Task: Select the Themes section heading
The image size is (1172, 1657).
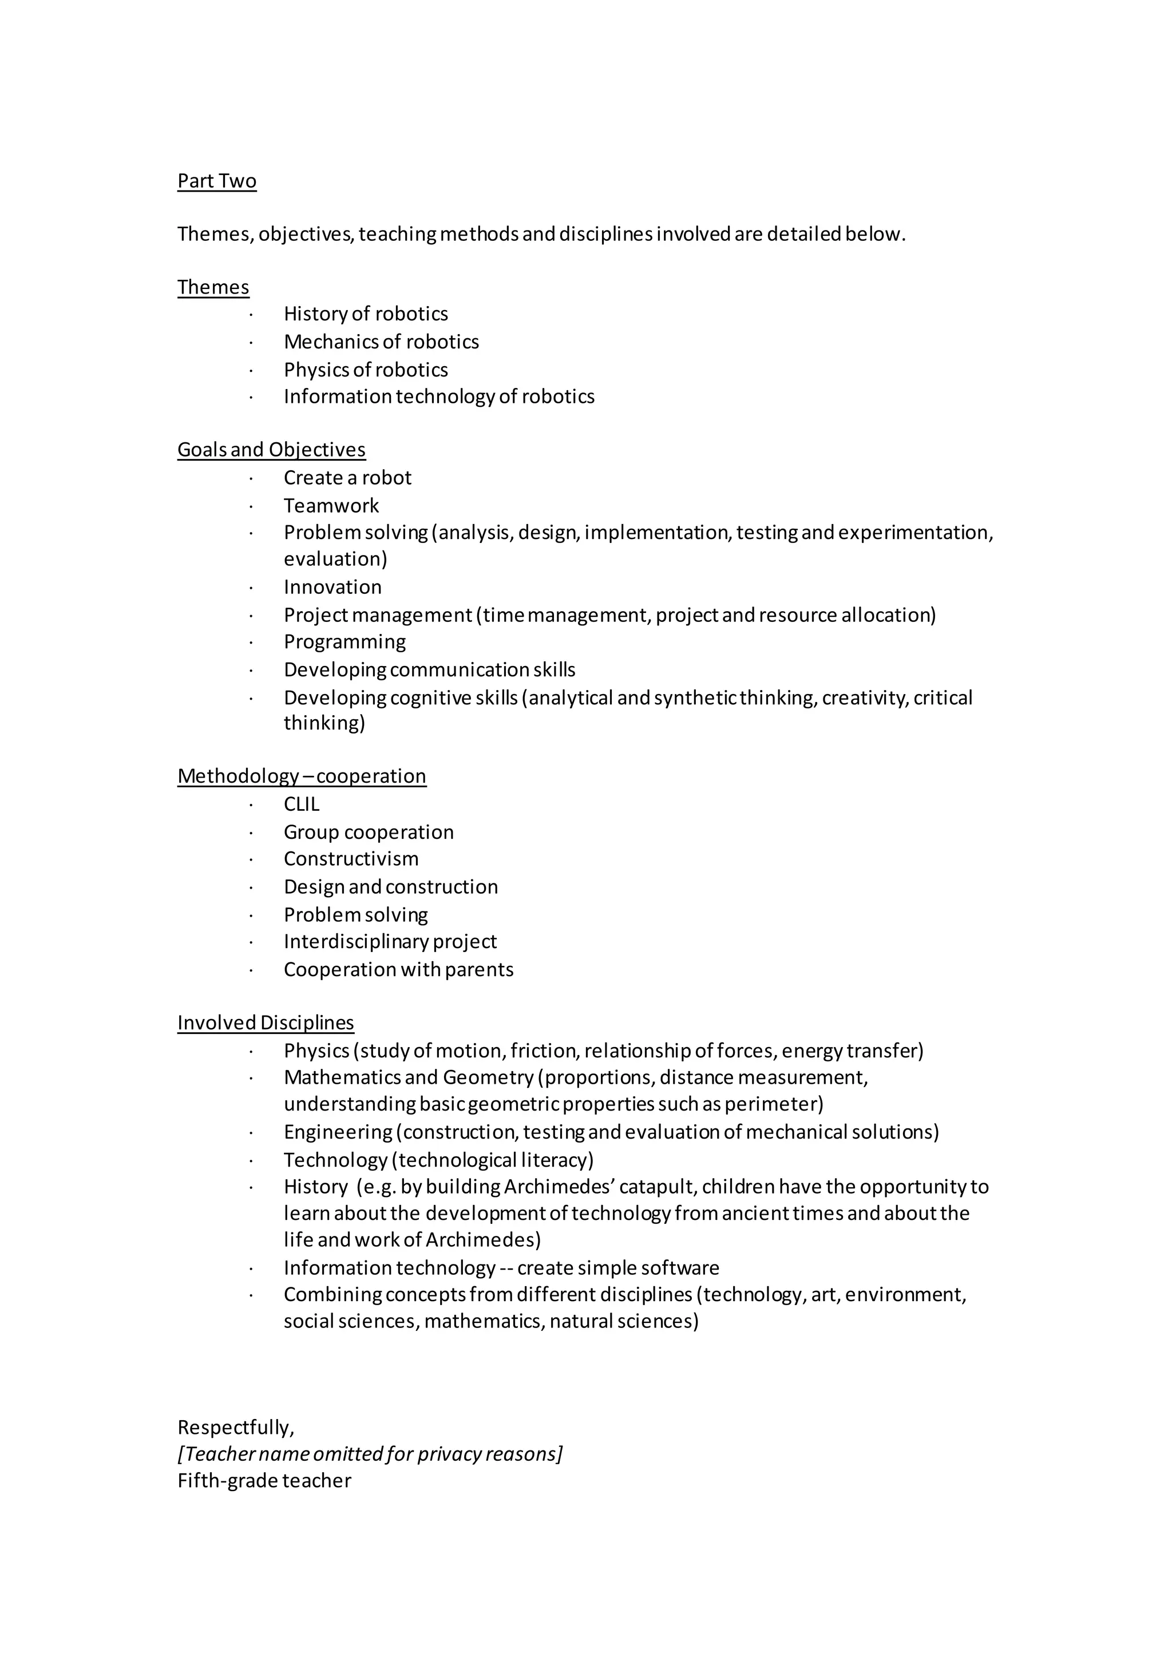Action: pos(213,287)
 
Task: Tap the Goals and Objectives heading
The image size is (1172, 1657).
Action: pos(271,450)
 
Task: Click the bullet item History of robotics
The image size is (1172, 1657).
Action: pos(365,314)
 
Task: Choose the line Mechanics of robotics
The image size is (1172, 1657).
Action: pos(381,342)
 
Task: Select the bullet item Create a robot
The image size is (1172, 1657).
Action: pos(347,478)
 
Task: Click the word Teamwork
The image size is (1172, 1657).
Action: pos(331,505)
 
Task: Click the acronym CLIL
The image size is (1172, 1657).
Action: pos(301,804)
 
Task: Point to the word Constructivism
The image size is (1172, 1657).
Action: pos(351,859)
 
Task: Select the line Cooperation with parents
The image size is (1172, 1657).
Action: pos(398,969)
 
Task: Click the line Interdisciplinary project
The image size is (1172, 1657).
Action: pos(390,942)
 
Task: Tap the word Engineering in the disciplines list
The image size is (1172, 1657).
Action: pos(337,1132)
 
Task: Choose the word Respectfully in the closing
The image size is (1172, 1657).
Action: pos(235,1428)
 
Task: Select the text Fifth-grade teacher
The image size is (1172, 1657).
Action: pos(264,1481)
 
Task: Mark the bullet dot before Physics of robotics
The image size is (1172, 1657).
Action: pos(251,370)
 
